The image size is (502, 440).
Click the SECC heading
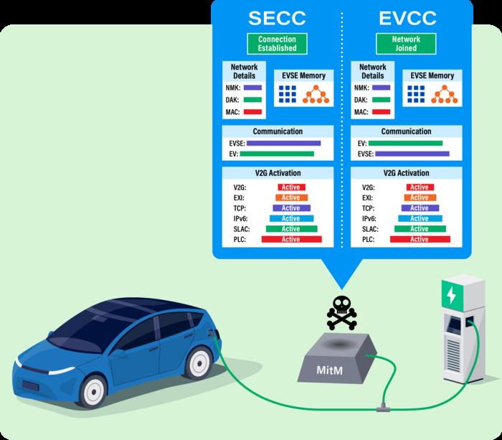click(x=277, y=17)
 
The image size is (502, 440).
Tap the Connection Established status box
click(x=277, y=44)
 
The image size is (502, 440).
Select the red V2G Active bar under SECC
click(x=290, y=187)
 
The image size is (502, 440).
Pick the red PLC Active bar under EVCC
click(x=420, y=239)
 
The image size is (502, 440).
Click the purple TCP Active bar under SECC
click(x=290, y=208)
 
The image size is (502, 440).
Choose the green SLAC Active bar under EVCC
click(x=420, y=229)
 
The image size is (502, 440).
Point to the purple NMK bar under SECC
click(x=252, y=88)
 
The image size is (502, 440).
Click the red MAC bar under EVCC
click(x=382, y=112)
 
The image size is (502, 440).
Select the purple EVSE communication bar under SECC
click(x=283, y=143)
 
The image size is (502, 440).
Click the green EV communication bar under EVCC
click(x=405, y=143)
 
